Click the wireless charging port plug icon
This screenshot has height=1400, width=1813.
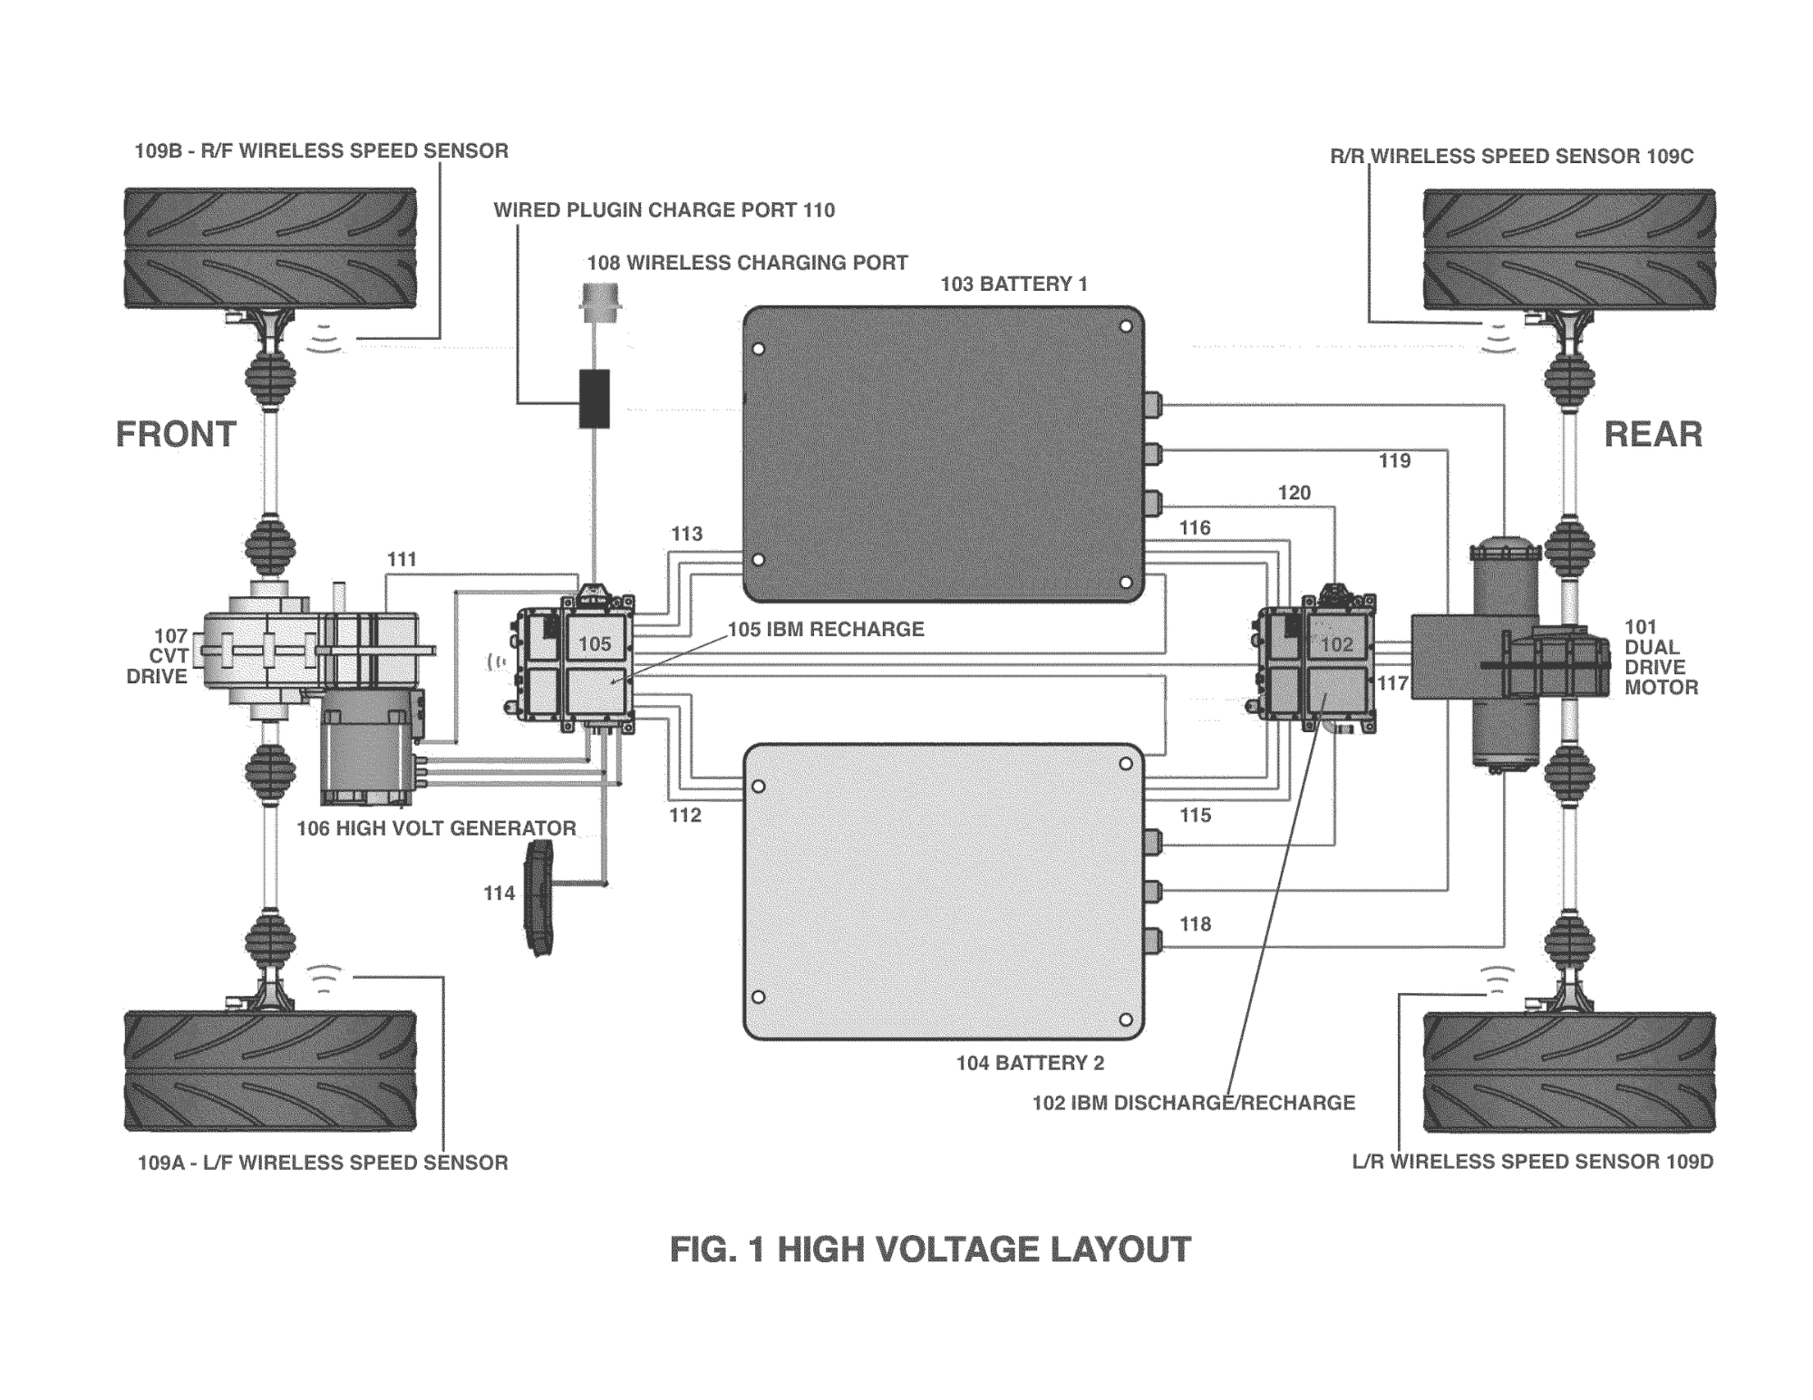tap(600, 302)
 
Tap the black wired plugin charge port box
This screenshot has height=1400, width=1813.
tap(595, 399)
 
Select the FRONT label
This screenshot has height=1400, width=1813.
tap(176, 435)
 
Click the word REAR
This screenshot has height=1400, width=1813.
tap(1653, 435)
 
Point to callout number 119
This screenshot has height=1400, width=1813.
tap(1394, 461)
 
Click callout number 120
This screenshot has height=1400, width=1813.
tap(1294, 493)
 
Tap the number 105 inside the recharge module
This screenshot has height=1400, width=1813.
tap(595, 644)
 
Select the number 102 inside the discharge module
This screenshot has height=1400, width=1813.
tap(1336, 644)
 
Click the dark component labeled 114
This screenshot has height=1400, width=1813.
tap(541, 897)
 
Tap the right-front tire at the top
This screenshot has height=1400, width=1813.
tap(270, 247)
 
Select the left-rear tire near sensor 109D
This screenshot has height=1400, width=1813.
tap(1569, 1071)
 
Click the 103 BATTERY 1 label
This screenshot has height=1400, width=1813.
tap(1013, 285)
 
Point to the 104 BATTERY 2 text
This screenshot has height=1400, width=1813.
tap(1030, 1063)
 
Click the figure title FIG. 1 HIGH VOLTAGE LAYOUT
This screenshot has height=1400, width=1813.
tap(930, 1250)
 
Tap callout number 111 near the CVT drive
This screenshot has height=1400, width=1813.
tap(402, 560)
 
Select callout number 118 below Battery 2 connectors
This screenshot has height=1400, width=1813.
tap(1195, 924)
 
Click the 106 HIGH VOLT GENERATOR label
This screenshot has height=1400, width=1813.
tap(436, 828)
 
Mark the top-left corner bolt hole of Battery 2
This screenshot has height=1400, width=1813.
tap(759, 787)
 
